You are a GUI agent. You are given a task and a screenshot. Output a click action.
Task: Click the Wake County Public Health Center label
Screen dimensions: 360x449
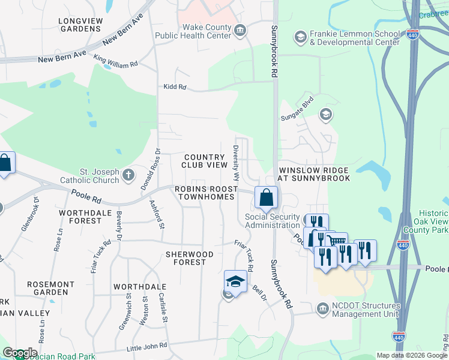point(193,31)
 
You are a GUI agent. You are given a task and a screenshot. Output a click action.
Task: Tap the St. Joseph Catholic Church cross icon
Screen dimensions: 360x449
point(127,175)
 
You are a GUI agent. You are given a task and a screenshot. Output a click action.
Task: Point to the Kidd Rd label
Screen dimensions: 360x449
point(175,87)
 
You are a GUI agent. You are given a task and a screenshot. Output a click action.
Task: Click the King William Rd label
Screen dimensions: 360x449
point(116,62)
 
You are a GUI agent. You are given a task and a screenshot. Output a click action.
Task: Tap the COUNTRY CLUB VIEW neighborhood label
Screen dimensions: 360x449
point(205,161)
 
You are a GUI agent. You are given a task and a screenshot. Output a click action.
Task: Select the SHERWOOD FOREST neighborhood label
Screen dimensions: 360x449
point(190,258)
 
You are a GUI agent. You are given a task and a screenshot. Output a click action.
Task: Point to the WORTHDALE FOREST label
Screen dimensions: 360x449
point(80,217)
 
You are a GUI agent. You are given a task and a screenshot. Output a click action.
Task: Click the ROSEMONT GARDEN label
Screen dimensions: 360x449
point(59,288)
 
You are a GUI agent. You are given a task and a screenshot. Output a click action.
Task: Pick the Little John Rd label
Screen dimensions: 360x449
point(147,347)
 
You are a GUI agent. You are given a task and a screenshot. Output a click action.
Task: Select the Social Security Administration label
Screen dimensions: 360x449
point(272,221)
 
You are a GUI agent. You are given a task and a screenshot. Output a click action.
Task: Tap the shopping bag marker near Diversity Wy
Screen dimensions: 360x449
point(266,196)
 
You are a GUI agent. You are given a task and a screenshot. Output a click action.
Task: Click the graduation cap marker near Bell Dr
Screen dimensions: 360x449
point(235,281)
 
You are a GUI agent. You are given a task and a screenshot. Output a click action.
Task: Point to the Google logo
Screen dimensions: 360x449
point(20,353)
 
